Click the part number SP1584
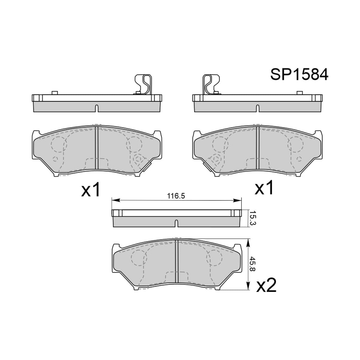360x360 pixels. (299, 74)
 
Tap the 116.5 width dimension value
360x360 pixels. (176, 196)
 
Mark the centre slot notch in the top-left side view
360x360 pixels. (97, 109)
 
